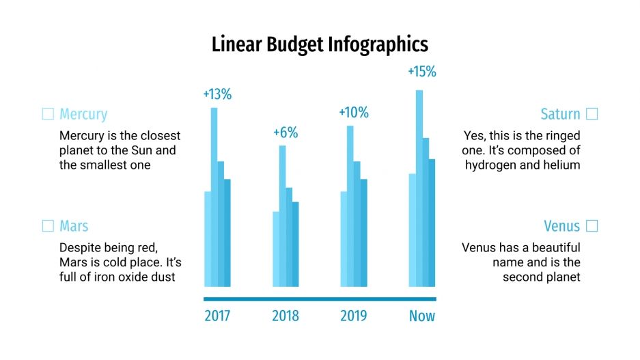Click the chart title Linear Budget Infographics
pos(320,45)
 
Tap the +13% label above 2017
pos(217,95)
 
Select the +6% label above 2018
pos(286,133)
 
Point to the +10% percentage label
pos(354,113)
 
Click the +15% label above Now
pos(421,72)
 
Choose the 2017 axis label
pos(217,316)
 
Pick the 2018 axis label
pos(286,316)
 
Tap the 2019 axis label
pos(354,316)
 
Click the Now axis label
pos(422,316)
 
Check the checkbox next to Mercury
pos(48,114)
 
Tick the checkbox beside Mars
pos(48,226)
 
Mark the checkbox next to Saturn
pos(592,114)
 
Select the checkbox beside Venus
pos(592,226)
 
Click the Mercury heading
pos(83,114)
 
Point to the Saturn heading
pos(560,114)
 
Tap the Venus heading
pos(561,226)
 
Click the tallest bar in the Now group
pos(419,188)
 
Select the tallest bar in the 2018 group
pos(282,216)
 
